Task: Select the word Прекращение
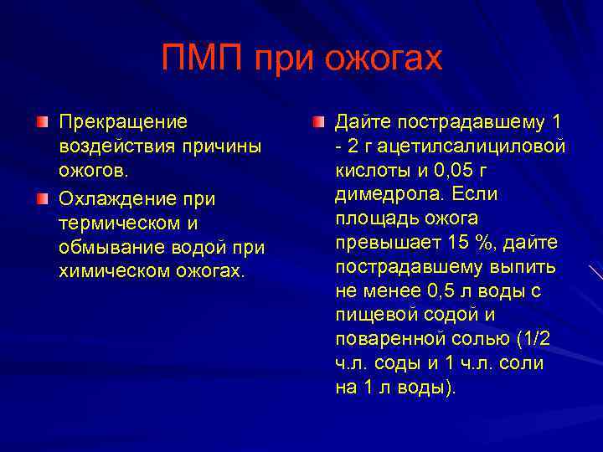coord(123,122)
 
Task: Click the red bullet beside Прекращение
coord(43,123)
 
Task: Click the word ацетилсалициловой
coord(475,146)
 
